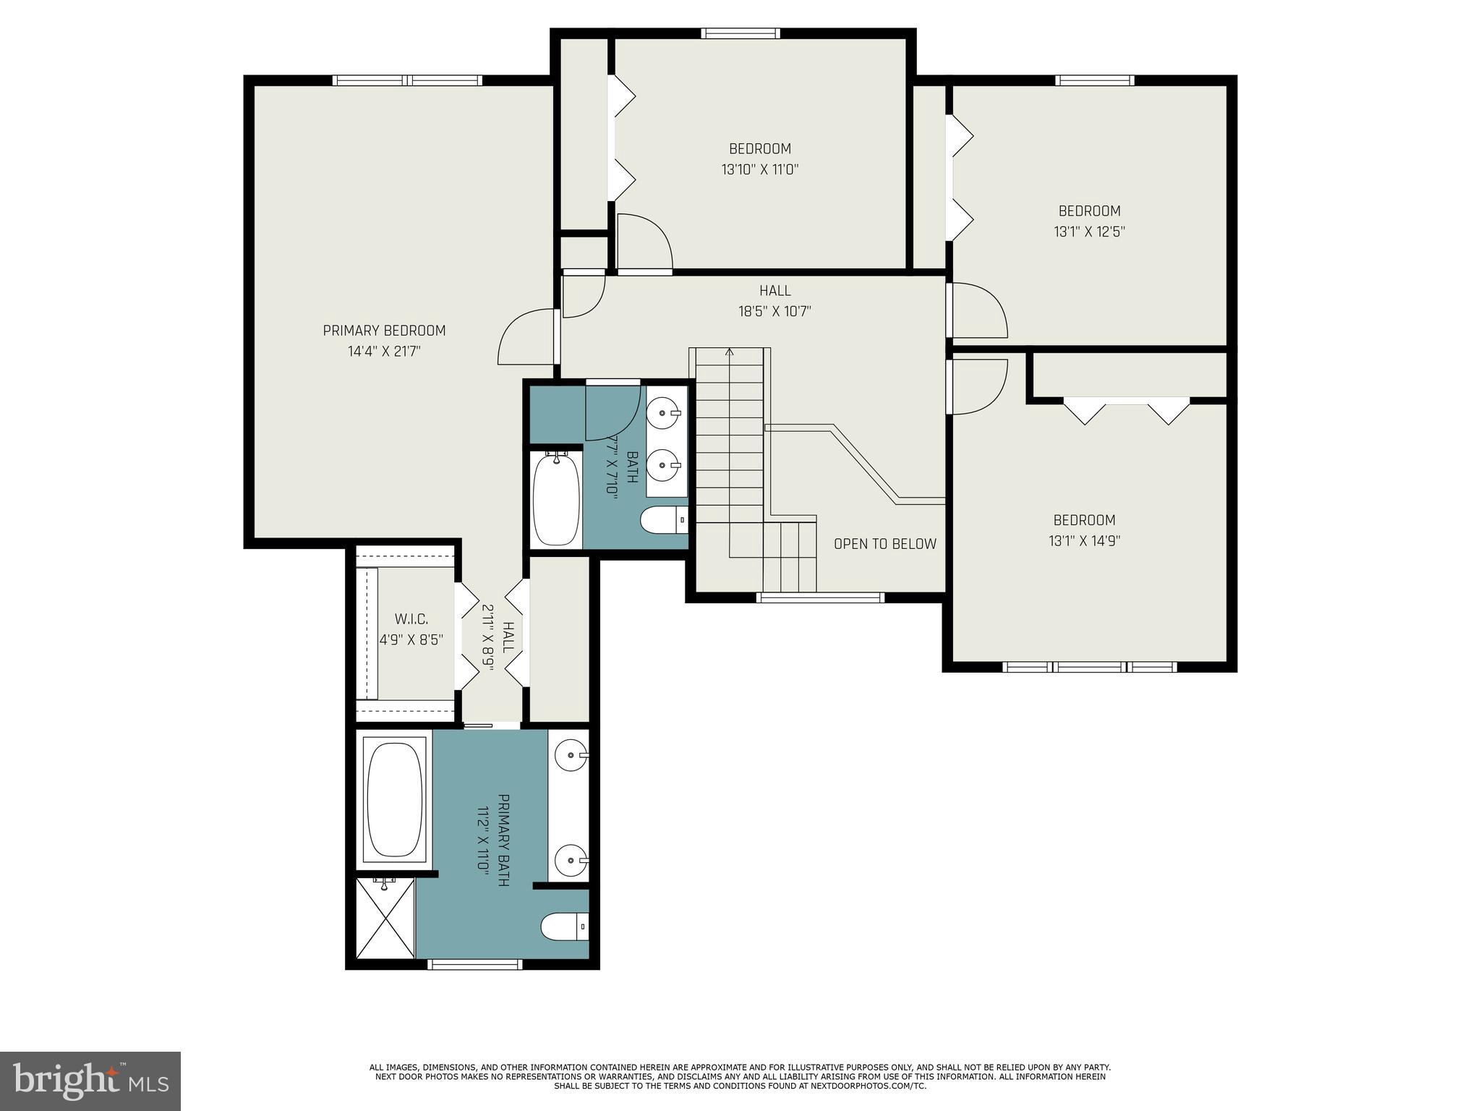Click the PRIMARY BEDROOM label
[x=384, y=331]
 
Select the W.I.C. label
[x=411, y=619]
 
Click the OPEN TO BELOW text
[x=885, y=544]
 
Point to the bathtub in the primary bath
[x=394, y=800]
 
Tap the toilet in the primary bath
[x=565, y=927]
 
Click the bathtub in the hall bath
[x=556, y=499]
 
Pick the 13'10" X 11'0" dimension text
[x=760, y=170]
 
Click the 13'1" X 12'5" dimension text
[x=1090, y=232]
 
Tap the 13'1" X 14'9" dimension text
[x=1085, y=541]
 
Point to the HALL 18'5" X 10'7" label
[x=775, y=301]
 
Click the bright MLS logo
[x=90, y=1081]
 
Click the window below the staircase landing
[x=821, y=597]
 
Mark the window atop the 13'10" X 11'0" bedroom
[x=740, y=33]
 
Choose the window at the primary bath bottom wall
[x=475, y=964]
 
